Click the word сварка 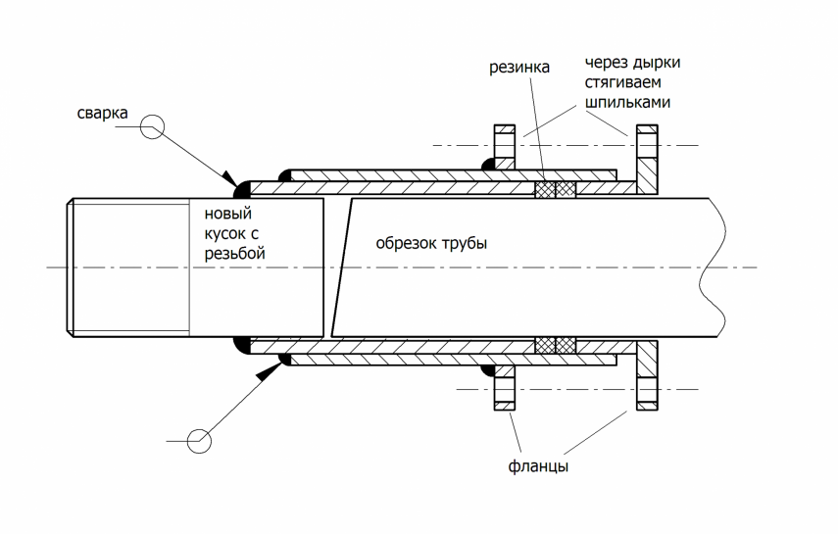tap(102, 114)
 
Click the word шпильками tap(627, 101)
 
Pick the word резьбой tap(234, 252)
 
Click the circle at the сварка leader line tap(151, 125)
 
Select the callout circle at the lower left tap(199, 441)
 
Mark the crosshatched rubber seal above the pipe tap(554, 189)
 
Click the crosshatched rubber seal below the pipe tap(554, 345)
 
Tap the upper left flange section tap(504, 147)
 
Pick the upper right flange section tap(647, 157)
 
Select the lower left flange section tap(504, 387)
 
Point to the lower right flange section tap(647, 377)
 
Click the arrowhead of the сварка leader tap(230, 177)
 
